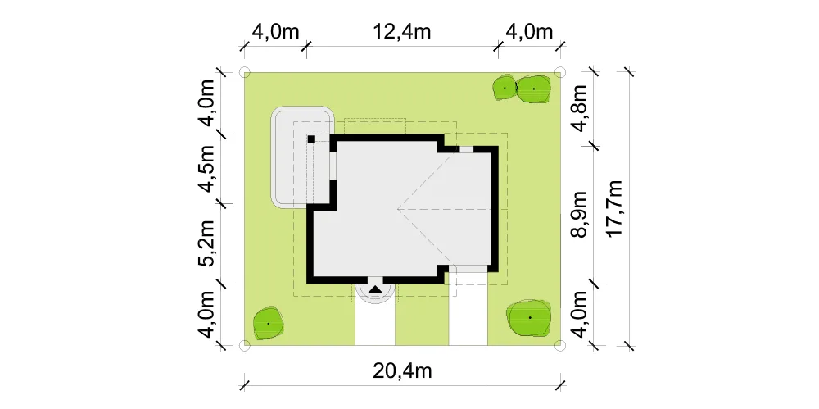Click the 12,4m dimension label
click(401, 31)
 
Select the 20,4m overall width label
click(401, 370)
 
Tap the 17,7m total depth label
click(615, 209)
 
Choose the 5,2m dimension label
click(207, 243)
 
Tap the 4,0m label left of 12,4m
click(275, 31)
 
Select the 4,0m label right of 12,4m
click(528, 31)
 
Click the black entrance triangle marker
click(375, 289)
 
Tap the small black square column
click(310, 139)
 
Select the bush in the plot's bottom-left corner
click(269, 323)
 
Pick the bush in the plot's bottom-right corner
click(529, 317)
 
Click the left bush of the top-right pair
click(505, 88)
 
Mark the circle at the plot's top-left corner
click(244, 72)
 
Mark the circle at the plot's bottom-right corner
click(559, 345)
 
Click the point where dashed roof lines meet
click(398, 209)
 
